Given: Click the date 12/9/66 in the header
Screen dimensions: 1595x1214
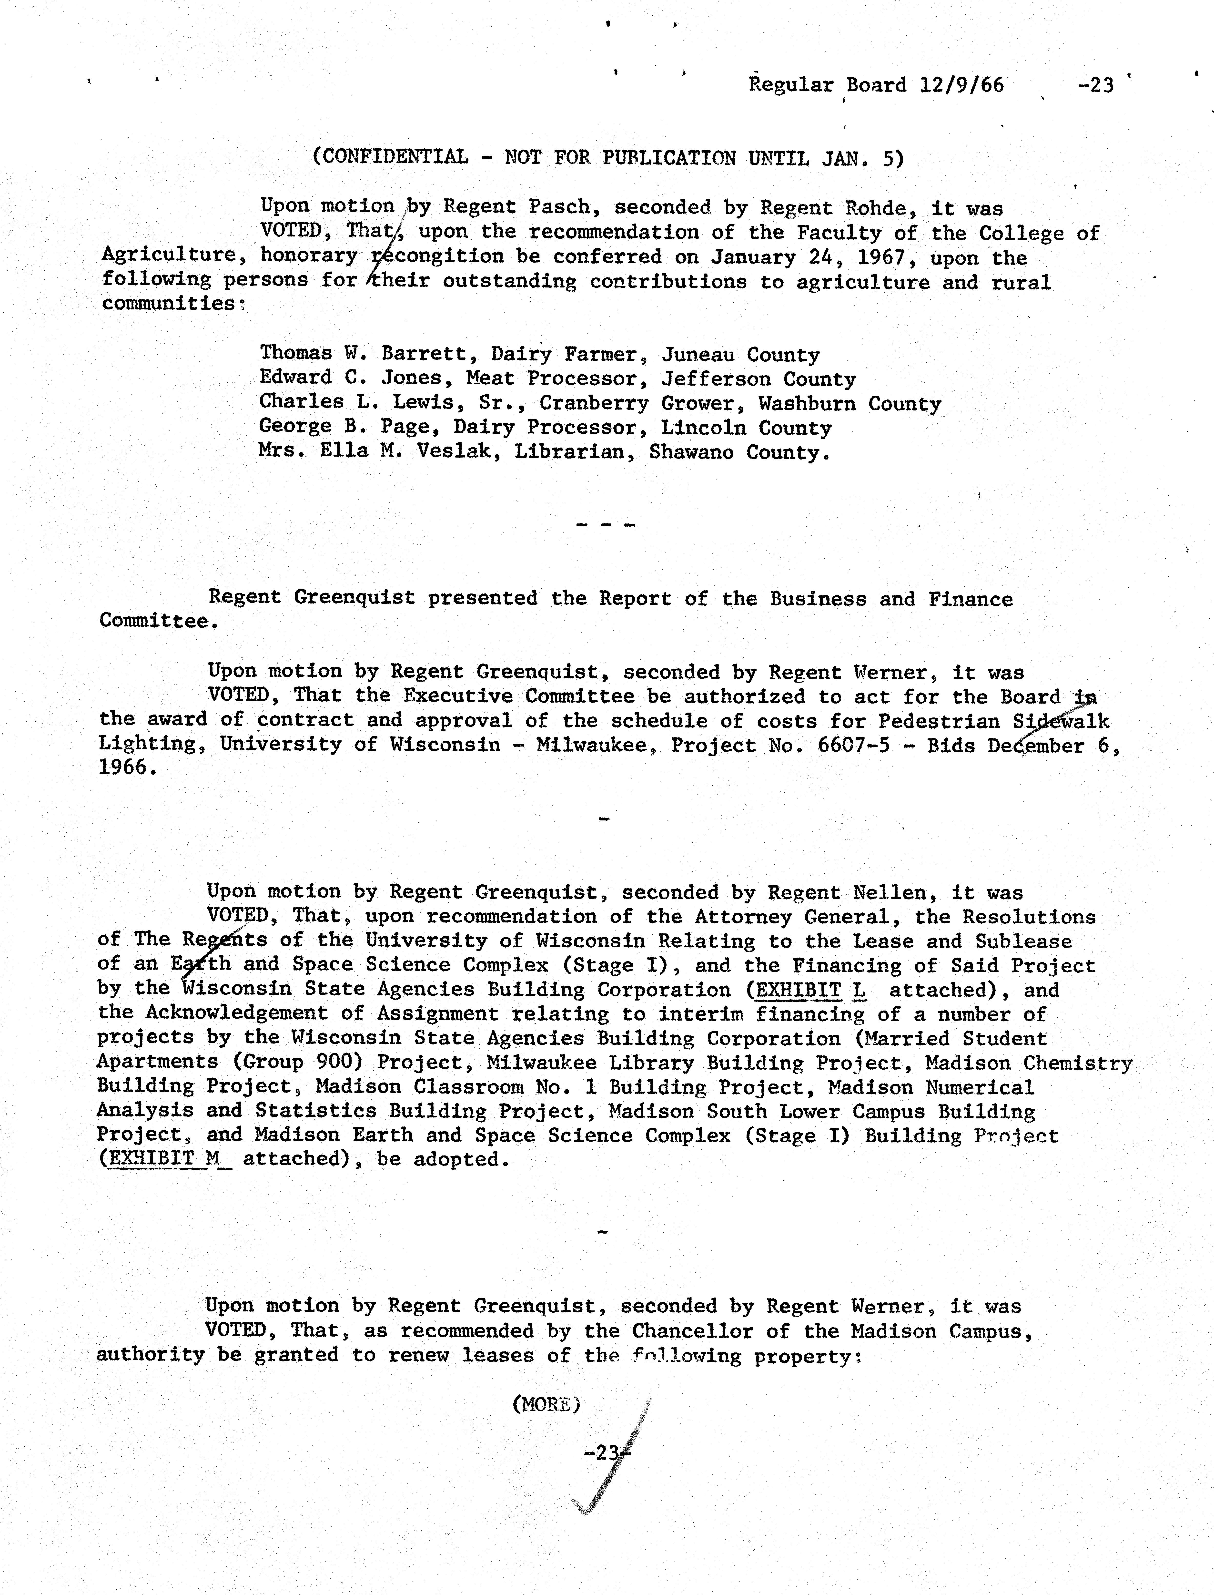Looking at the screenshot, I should [x=962, y=85].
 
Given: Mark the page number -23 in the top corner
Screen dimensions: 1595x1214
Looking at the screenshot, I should [x=1096, y=85].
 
